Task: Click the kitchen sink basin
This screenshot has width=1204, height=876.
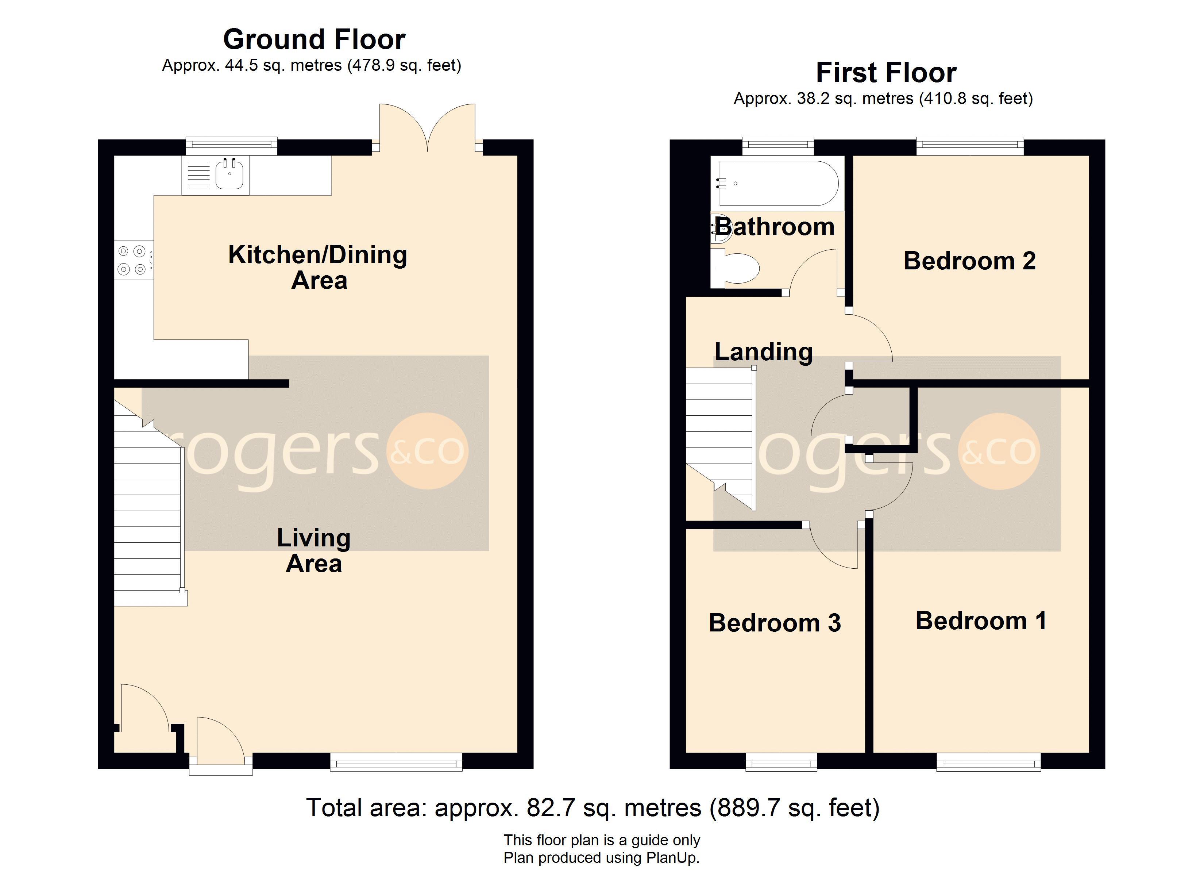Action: tap(229, 175)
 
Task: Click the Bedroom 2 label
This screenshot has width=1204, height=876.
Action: tap(969, 261)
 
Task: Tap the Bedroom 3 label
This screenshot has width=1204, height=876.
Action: tap(775, 623)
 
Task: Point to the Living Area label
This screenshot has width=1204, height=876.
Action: tap(314, 551)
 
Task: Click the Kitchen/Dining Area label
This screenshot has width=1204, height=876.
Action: tap(317, 267)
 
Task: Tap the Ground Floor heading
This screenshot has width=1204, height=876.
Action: tap(314, 39)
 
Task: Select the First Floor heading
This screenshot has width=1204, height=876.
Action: tap(886, 72)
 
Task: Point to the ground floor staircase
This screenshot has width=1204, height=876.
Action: tap(148, 505)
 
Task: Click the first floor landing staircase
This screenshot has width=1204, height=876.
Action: tap(720, 438)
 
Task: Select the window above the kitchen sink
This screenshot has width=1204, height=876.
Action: tap(231, 146)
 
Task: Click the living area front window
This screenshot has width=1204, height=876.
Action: tap(396, 762)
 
